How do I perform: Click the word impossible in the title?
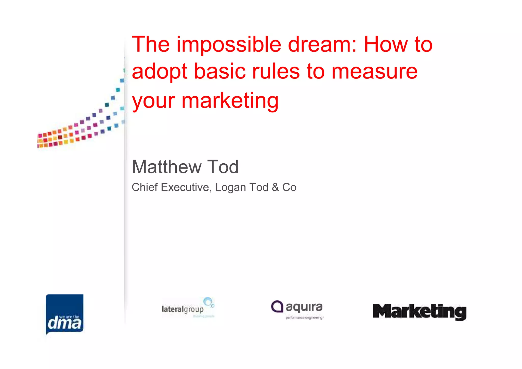point(229,45)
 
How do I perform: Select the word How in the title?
point(385,45)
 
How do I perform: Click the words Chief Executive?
point(170,187)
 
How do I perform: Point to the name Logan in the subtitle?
point(230,187)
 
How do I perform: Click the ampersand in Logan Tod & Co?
point(275,187)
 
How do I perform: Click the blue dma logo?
point(65,314)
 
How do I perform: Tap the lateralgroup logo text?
point(182,309)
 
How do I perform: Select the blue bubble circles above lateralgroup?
point(209,302)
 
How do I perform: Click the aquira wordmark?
point(304,307)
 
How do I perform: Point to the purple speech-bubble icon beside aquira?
point(277,306)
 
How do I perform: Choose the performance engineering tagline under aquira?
point(304,318)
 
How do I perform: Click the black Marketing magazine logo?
point(420,311)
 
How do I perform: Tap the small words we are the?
point(69,317)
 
